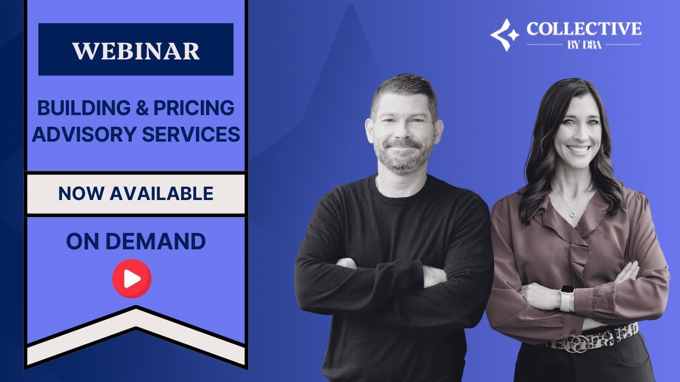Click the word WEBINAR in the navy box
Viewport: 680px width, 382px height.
(x=136, y=51)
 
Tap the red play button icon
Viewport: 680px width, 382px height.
(x=132, y=279)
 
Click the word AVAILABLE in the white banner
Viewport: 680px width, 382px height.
(x=161, y=194)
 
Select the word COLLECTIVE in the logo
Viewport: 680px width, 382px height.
(x=584, y=29)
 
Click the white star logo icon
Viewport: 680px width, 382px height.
(x=504, y=34)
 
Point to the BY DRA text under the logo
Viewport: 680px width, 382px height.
(x=584, y=45)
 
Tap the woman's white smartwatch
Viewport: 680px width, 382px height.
(x=567, y=298)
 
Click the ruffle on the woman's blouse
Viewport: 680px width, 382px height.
(x=576, y=244)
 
